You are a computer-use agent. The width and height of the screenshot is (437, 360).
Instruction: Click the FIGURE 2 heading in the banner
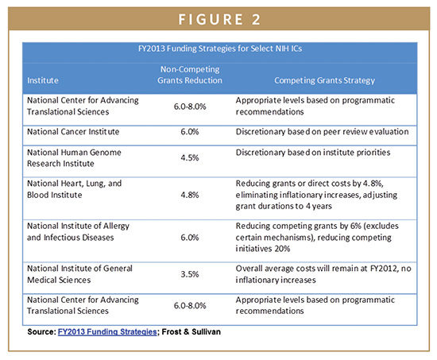219,20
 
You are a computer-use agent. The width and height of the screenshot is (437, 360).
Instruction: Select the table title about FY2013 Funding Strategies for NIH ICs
220,48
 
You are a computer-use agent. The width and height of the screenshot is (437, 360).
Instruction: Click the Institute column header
43,80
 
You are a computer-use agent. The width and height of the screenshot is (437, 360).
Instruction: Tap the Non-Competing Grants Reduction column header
190,75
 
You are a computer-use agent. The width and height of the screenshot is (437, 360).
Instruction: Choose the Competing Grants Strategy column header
324,80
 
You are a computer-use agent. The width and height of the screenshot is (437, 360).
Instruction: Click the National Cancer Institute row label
73,132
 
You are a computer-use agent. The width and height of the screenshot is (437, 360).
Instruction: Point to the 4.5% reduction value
190,158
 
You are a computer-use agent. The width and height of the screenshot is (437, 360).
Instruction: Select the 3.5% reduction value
190,274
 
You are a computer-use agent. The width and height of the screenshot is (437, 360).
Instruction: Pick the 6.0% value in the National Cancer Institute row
190,132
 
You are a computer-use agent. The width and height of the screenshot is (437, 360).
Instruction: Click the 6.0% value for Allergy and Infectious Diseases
190,238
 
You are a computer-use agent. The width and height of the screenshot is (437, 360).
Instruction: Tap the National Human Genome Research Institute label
74,158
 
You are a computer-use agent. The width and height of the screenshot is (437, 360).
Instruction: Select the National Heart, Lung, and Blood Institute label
74,189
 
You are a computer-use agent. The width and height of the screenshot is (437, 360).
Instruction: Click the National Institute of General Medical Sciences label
79,274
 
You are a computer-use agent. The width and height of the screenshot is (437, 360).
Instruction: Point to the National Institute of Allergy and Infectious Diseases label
78,231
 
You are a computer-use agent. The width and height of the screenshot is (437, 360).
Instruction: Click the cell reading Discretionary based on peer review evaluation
322,132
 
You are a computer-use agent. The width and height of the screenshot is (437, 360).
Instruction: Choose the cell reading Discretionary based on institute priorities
313,153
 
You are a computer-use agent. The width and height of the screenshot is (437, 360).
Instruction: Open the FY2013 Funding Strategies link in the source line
107,332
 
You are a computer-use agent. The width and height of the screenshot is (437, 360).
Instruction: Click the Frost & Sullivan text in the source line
191,332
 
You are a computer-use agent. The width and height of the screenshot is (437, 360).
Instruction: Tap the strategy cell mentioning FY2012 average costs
323,274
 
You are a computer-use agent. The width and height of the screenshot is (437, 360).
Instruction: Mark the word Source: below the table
42,332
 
